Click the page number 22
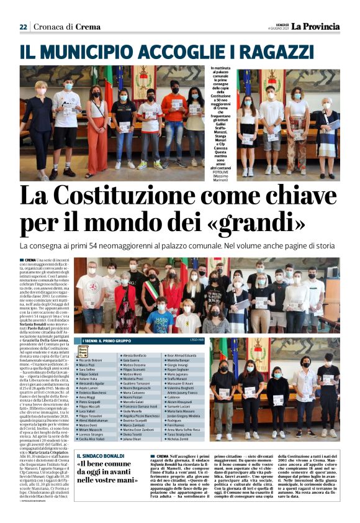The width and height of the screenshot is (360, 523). click(23, 27)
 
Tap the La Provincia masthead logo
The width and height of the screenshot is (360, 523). click(317, 27)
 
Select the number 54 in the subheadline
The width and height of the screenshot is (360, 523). click(108, 246)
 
